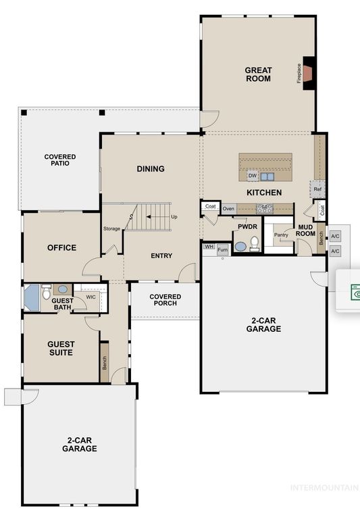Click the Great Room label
click(259, 74)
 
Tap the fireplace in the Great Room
click(309, 73)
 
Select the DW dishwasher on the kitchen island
click(253, 176)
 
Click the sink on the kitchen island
click(267, 176)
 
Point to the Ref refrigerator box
click(317, 189)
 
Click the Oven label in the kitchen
click(228, 209)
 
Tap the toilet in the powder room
click(255, 243)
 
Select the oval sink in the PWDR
click(240, 247)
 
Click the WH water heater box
click(209, 247)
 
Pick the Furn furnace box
click(223, 250)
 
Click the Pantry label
click(281, 234)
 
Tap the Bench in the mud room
click(321, 239)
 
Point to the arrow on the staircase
click(155, 217)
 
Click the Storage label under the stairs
click(112, 228)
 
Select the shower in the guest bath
click(32, 297)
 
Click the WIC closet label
click(91, 297)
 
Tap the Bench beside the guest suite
click(105, 363)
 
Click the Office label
click(62, 247)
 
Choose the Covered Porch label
click(165, 300)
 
